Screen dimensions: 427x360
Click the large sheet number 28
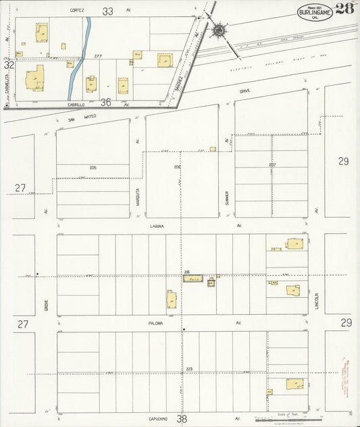[344, 9]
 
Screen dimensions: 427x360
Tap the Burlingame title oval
[314, 12]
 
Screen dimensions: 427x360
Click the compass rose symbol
[220, 30]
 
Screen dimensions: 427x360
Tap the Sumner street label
[228, 196]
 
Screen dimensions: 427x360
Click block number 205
[93, 167]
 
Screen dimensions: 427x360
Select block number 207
[272, 164]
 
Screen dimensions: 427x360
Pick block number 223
[189, 368]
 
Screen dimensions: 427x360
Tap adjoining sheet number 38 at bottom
[181, 419]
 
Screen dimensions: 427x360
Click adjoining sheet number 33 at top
[107, 11]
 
